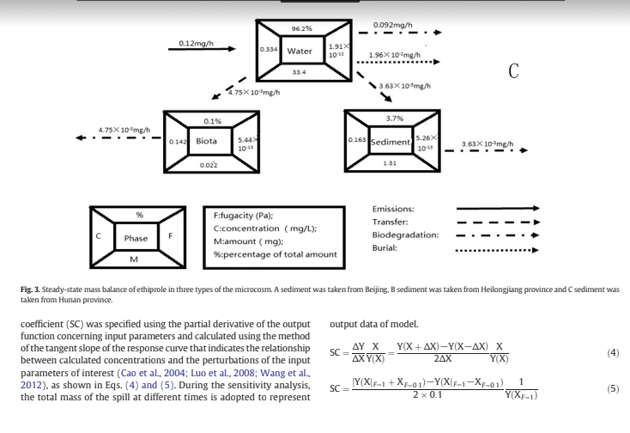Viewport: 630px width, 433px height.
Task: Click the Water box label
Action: [x=300, y=51]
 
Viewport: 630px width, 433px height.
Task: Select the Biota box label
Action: [x=206, y=139]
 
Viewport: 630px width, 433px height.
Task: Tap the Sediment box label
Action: [x=391, y=139]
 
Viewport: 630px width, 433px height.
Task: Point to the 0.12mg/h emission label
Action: [x=196, y=42]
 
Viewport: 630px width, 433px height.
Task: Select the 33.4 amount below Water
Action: [x=299, y=72]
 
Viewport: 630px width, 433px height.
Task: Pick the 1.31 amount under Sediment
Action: [x=390, y=162]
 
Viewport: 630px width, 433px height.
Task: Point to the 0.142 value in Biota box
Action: [x=178, y=140]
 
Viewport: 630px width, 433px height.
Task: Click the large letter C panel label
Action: [x=512, y=70]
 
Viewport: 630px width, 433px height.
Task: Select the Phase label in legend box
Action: [x=136, y=237]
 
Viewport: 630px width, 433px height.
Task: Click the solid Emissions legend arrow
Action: [x=497, y=208]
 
